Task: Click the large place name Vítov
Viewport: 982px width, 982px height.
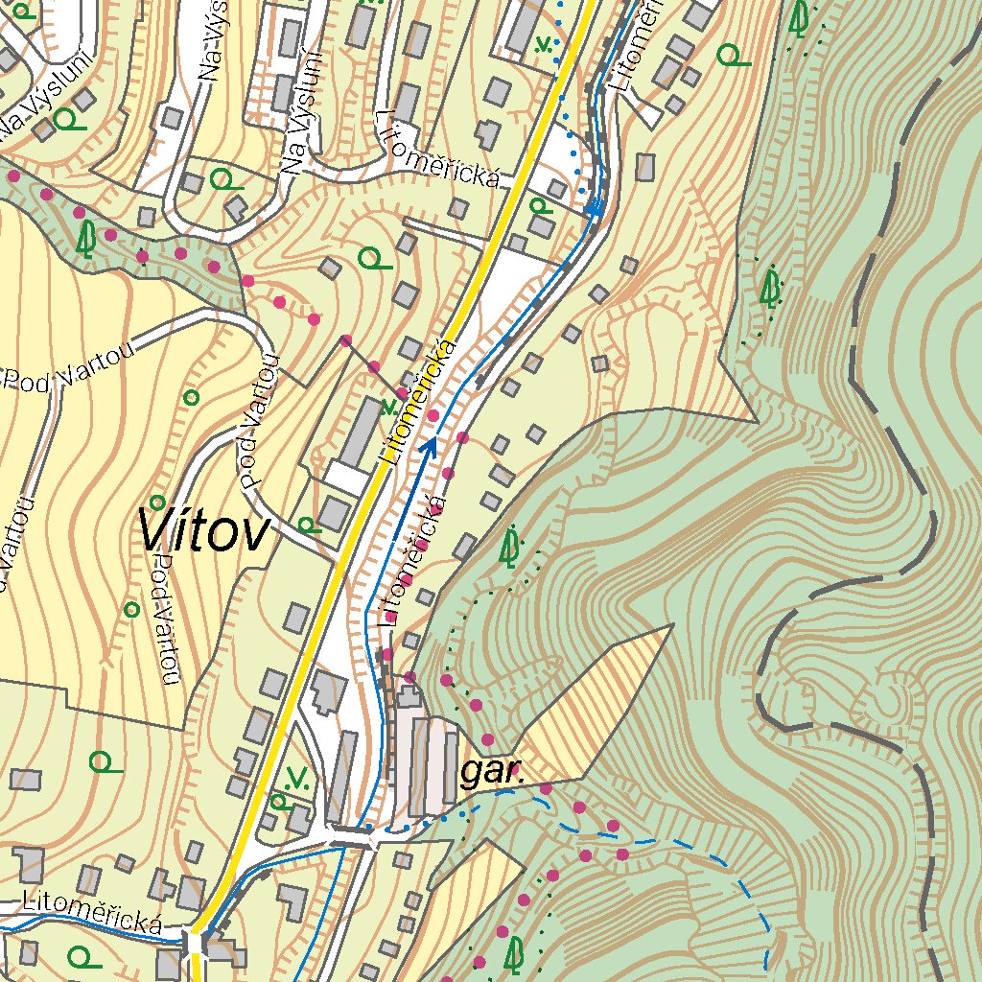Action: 203,530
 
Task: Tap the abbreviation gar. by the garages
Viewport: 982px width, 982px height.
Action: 493,772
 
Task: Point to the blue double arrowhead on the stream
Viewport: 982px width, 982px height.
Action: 594,207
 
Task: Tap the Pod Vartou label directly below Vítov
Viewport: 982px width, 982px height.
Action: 167,619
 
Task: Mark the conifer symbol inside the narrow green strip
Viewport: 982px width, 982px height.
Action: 87,240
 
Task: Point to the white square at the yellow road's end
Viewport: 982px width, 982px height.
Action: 196,945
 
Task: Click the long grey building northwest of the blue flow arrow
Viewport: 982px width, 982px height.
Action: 363,431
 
